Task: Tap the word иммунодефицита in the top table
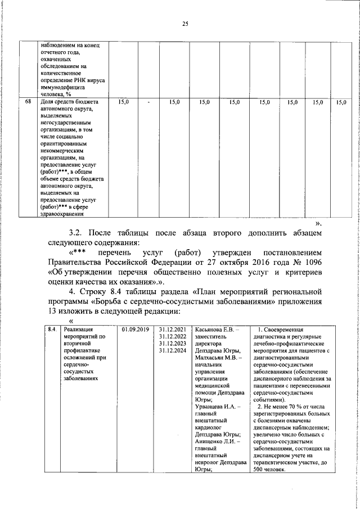point(62,88)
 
